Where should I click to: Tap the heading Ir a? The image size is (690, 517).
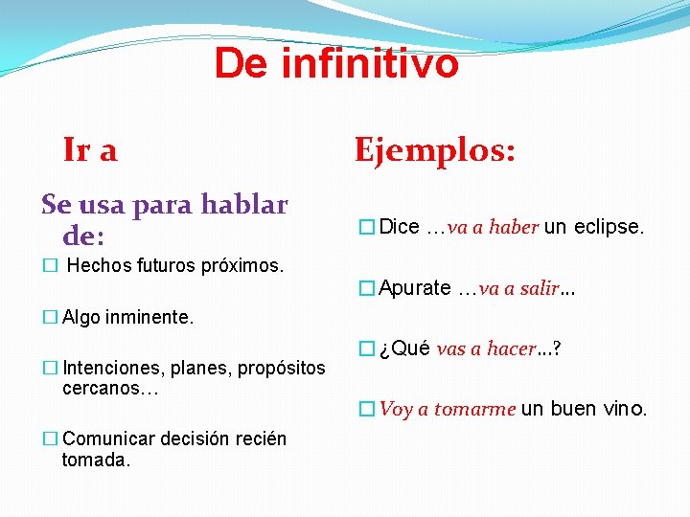pyautogui.click(x=90, y=149)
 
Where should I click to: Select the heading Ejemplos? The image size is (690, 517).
pyautogui.click(x=435, y=149)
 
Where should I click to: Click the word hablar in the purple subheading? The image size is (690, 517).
pyautogui.click(x=243, y=204)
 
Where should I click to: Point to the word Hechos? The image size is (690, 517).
pyautogui.click(x=99, y=265)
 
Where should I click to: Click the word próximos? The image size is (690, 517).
pyautogui.click(x=246, y=265)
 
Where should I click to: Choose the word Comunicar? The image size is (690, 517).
pyautogui.click(x=107, y=439)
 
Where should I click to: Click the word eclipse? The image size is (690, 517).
pyautogui.click(x=609, y=227)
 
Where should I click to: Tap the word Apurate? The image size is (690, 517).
pyautogui.click(x=415, y=288)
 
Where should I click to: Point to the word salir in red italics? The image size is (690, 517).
pyautogui.click(x=538, y=288)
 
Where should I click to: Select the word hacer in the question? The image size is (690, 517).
pyautogui.click(x=511, y=348)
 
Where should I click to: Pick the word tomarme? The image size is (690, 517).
pyautogui.click(x=474, y=410)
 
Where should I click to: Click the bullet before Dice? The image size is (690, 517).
pyautogui.click(x=365, y=228)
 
